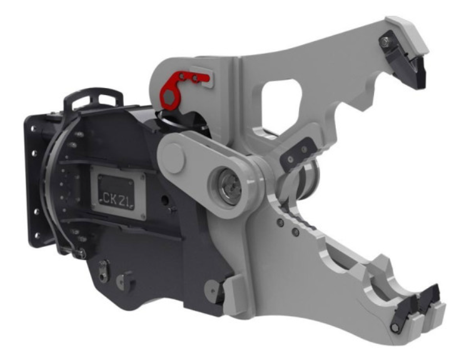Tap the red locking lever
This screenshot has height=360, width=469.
coord(179,88)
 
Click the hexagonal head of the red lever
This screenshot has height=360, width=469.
coord(169,97)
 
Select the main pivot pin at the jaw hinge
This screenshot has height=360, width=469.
coord(229,186)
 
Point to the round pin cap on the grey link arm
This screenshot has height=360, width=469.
coord(173,159)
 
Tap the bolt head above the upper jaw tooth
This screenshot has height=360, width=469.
coord(385,42)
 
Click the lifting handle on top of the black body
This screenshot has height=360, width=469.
coord(93,97)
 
